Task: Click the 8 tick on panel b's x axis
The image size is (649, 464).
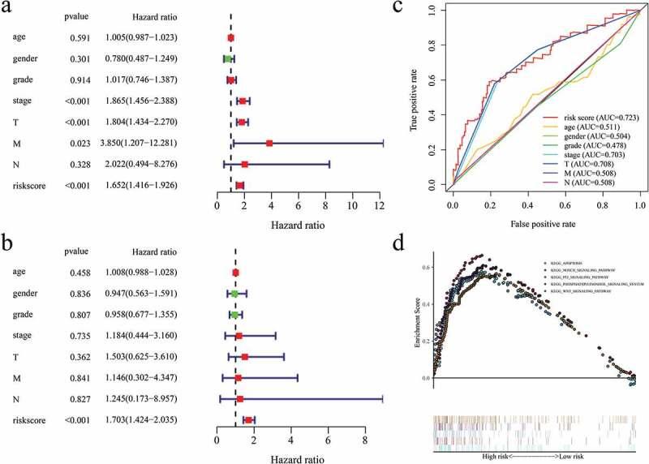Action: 365,440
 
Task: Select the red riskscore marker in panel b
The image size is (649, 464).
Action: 248,419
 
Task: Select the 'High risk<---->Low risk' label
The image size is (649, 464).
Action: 535,456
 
